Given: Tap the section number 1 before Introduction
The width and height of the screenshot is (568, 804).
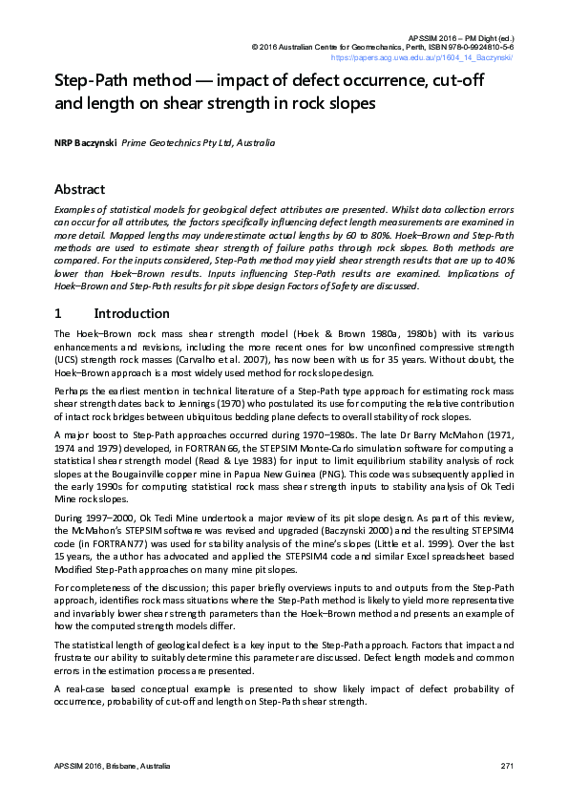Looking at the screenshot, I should point(58,313).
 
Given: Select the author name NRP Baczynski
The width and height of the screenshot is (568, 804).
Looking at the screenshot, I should point(85,142).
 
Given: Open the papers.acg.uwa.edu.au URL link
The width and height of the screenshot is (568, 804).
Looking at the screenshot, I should point(435,57).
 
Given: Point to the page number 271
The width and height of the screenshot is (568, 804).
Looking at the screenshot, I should point(507,767).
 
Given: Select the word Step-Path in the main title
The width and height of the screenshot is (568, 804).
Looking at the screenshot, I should point(93,81).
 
